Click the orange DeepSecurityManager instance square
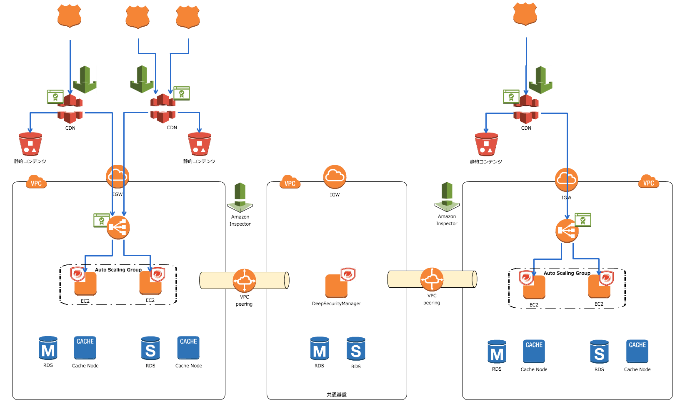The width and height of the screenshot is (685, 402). pos(336,286)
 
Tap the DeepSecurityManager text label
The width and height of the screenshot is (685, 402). pos(336,304)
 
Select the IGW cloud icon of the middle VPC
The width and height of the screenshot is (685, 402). pos(335,176)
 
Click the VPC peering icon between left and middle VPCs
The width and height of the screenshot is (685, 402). pos(244,280)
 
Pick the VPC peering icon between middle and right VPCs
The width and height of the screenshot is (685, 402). pos(432,279)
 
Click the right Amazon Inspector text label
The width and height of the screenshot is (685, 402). pos(447,220)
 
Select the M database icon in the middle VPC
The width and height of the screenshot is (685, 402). pos(320,349)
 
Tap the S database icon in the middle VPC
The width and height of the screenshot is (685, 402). pos(356,349)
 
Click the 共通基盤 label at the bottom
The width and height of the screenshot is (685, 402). pos(336,394)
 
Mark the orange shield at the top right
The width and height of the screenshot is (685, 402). pos(525,14)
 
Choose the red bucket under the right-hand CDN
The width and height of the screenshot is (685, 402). pos(486,144)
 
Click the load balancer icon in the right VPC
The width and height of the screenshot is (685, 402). pos(567,230)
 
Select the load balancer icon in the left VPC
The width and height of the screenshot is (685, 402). pos(118,227)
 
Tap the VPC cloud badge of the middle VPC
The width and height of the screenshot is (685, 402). pos(290,182)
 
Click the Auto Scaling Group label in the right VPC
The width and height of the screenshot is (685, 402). pos(567,273)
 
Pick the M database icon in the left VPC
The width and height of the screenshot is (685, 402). pos(48,349)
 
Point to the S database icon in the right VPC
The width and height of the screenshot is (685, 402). pos(599,352)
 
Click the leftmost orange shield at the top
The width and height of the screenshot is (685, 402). pos(69,16)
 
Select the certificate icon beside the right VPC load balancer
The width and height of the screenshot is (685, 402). pos(583,220)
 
